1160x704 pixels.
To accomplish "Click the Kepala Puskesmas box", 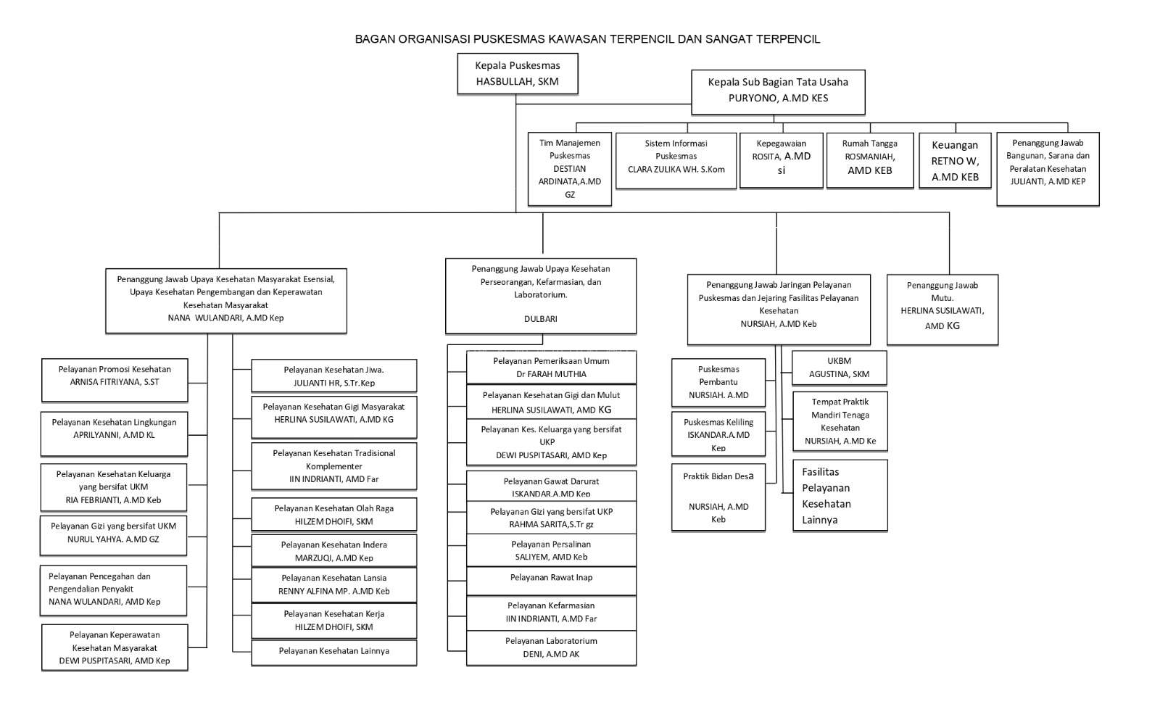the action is [x=518, y=74].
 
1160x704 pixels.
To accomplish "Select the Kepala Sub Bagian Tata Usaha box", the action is [x=778, y=92].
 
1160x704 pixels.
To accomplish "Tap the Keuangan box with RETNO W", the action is [x=955, y=160].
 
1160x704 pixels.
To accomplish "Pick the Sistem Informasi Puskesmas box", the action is [x=676, y=160].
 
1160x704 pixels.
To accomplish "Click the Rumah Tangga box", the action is [x=870, y=160].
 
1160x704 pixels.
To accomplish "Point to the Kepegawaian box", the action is [x=781, y=160].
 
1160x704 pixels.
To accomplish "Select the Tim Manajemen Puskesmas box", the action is [x=570, y=169].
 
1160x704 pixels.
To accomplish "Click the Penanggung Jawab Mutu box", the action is [x=942, y=310].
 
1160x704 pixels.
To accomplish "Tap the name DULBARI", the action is [x=541, y=319].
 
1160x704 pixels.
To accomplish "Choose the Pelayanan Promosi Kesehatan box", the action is [x=115, y=380].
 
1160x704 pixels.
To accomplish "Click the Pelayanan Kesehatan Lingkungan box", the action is [x=114, y=434].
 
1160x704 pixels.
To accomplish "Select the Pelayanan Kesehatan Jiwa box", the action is [x=334, y=376].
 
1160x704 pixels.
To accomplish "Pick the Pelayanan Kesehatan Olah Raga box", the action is [x=334, y=514].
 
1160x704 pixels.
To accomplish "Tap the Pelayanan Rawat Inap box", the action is [x=551, y=581].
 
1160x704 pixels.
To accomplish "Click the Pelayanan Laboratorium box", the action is [x=551, y=647].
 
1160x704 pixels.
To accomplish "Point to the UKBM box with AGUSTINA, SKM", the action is [x=839, y=368].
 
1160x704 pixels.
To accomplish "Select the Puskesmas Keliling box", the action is [x=718, y=434].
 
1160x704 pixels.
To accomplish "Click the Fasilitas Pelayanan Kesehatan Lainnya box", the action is [x=840, y=495].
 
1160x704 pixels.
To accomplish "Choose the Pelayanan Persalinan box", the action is [x=551, y=550].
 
